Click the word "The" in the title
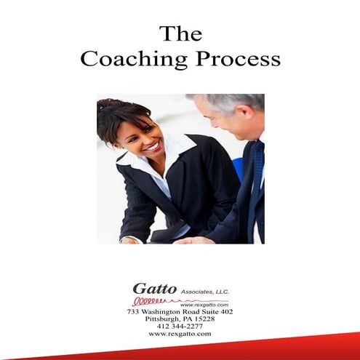point(180,34)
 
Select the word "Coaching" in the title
point(134,60)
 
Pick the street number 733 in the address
point(133,312)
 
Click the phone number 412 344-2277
point(180,327)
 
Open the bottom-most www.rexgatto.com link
point(180,334)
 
